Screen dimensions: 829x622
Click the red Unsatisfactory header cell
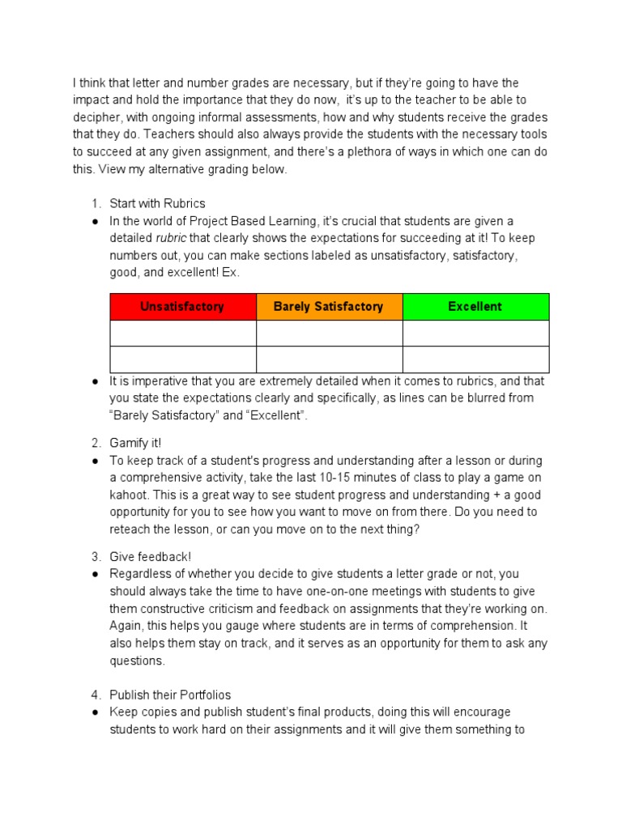coord(182,307)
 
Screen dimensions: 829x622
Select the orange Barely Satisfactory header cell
coord(329,307)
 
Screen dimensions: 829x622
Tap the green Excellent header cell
coord(475,307)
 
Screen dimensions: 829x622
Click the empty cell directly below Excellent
coord(475,333)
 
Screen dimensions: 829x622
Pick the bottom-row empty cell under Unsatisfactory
coord(182,359)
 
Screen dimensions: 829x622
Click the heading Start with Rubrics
coord(158,203)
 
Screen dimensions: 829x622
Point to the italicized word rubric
coord(172,238)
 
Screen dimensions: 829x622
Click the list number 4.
coord(95,695)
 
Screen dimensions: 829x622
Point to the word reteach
coord(132,529)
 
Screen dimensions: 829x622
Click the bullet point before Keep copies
coord(96,712)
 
